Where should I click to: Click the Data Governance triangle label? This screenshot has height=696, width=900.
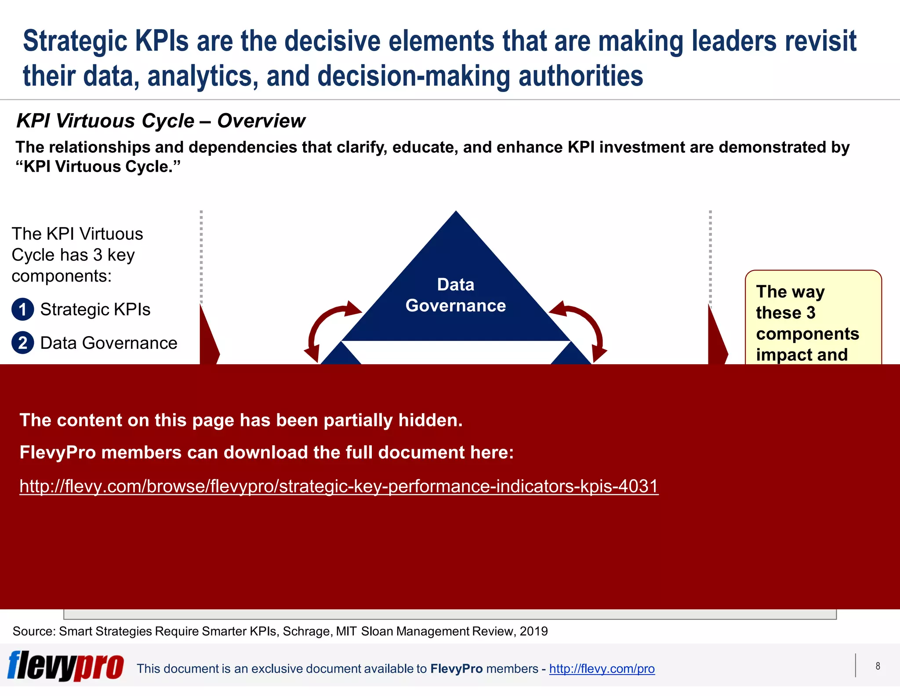(456, 295)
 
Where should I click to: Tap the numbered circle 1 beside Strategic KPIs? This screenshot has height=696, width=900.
(23, 309)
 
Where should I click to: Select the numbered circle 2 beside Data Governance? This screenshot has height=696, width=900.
(23, 343)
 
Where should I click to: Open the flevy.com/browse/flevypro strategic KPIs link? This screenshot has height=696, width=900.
(339, 486)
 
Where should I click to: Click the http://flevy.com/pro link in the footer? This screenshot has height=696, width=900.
(602, 669)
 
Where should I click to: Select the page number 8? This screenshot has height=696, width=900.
(878, 666)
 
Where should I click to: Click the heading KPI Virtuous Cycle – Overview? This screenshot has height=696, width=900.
(160, 121)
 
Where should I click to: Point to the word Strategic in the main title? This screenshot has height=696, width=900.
(75, 41)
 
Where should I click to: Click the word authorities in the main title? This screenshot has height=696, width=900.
(581, 76)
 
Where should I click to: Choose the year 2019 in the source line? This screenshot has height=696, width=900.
(533, 631)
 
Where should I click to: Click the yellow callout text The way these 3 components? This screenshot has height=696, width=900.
(806, 323)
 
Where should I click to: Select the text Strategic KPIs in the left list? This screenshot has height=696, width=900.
(95, 309)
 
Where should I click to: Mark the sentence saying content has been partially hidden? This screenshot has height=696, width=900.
(241, 420)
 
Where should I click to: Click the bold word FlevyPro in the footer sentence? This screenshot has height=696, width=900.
(456, 669)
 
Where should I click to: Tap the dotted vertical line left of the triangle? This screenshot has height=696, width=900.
(201, 255)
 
